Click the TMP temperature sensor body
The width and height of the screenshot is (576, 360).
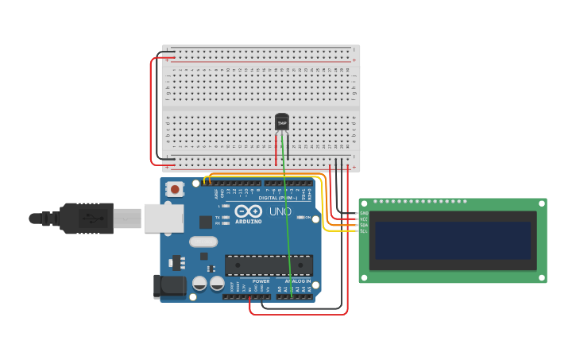[282, 122]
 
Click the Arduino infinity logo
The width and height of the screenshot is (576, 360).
[248, 211]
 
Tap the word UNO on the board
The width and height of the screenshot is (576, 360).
[280, 211]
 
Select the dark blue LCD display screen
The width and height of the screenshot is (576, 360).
[453, 240]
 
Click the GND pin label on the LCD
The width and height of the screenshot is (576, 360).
[364, 213]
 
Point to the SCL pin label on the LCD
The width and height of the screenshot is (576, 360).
[364, 231]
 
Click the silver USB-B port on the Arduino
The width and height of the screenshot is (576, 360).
[163, 218]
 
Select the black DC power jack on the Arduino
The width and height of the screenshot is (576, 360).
[168, 286]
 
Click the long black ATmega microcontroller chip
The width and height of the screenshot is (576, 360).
[269, 265]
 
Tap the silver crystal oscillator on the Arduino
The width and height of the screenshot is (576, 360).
[203, 242]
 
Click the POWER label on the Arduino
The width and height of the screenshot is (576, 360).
[261, 281]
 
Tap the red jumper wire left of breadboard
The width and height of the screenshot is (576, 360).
[151, 111]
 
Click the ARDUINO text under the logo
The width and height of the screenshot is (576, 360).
[248, 222]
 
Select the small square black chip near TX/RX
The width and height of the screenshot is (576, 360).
[206, 222]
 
